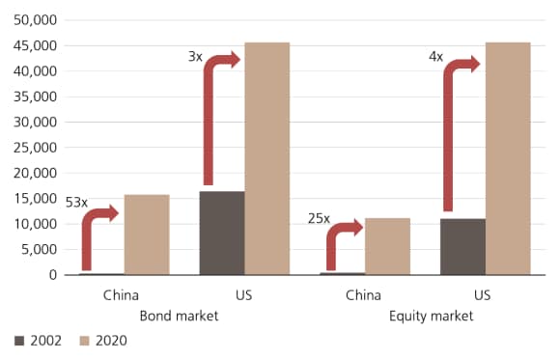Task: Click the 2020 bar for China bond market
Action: coord(147,235)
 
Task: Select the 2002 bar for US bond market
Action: coord(221,233)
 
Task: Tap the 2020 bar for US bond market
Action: coord(267,158)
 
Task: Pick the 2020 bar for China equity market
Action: coord(387,246)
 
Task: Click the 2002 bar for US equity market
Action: coord(462,246)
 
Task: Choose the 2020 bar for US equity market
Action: coord(508,158)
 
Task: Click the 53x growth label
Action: coord(76,203)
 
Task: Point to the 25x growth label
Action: coord(319,219)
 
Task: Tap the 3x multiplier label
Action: coord(195,57)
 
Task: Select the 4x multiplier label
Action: coord(435,57)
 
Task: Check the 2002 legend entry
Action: coord(40,341)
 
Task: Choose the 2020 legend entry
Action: coord(103,341)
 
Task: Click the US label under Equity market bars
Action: coord(485,295)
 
